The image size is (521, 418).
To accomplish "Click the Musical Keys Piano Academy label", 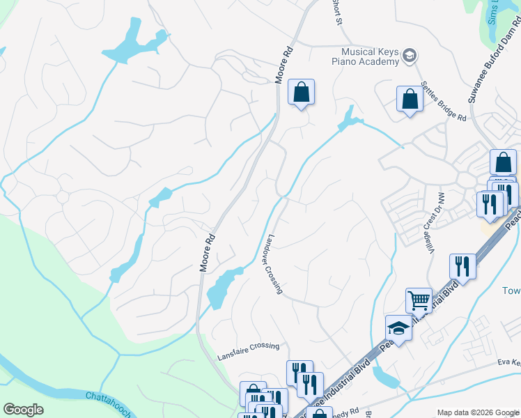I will [370, 56].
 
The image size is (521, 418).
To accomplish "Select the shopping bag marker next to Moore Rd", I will [301, 92].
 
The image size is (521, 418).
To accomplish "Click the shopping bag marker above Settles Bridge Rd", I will [410, 99].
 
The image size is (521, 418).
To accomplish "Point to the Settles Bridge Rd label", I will [443, 104].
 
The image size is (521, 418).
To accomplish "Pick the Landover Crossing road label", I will [272, 263].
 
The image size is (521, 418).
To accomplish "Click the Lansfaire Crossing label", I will [247, 346].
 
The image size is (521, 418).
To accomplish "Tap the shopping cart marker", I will [419, 300].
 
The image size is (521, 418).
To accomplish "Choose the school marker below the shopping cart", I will [398, 327].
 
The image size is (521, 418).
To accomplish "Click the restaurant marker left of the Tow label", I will [462, 265].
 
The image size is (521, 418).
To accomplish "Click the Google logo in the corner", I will [24, 410].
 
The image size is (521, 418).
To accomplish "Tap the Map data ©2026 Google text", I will [477, 412].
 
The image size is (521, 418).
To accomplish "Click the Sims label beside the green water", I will [493, 10].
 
